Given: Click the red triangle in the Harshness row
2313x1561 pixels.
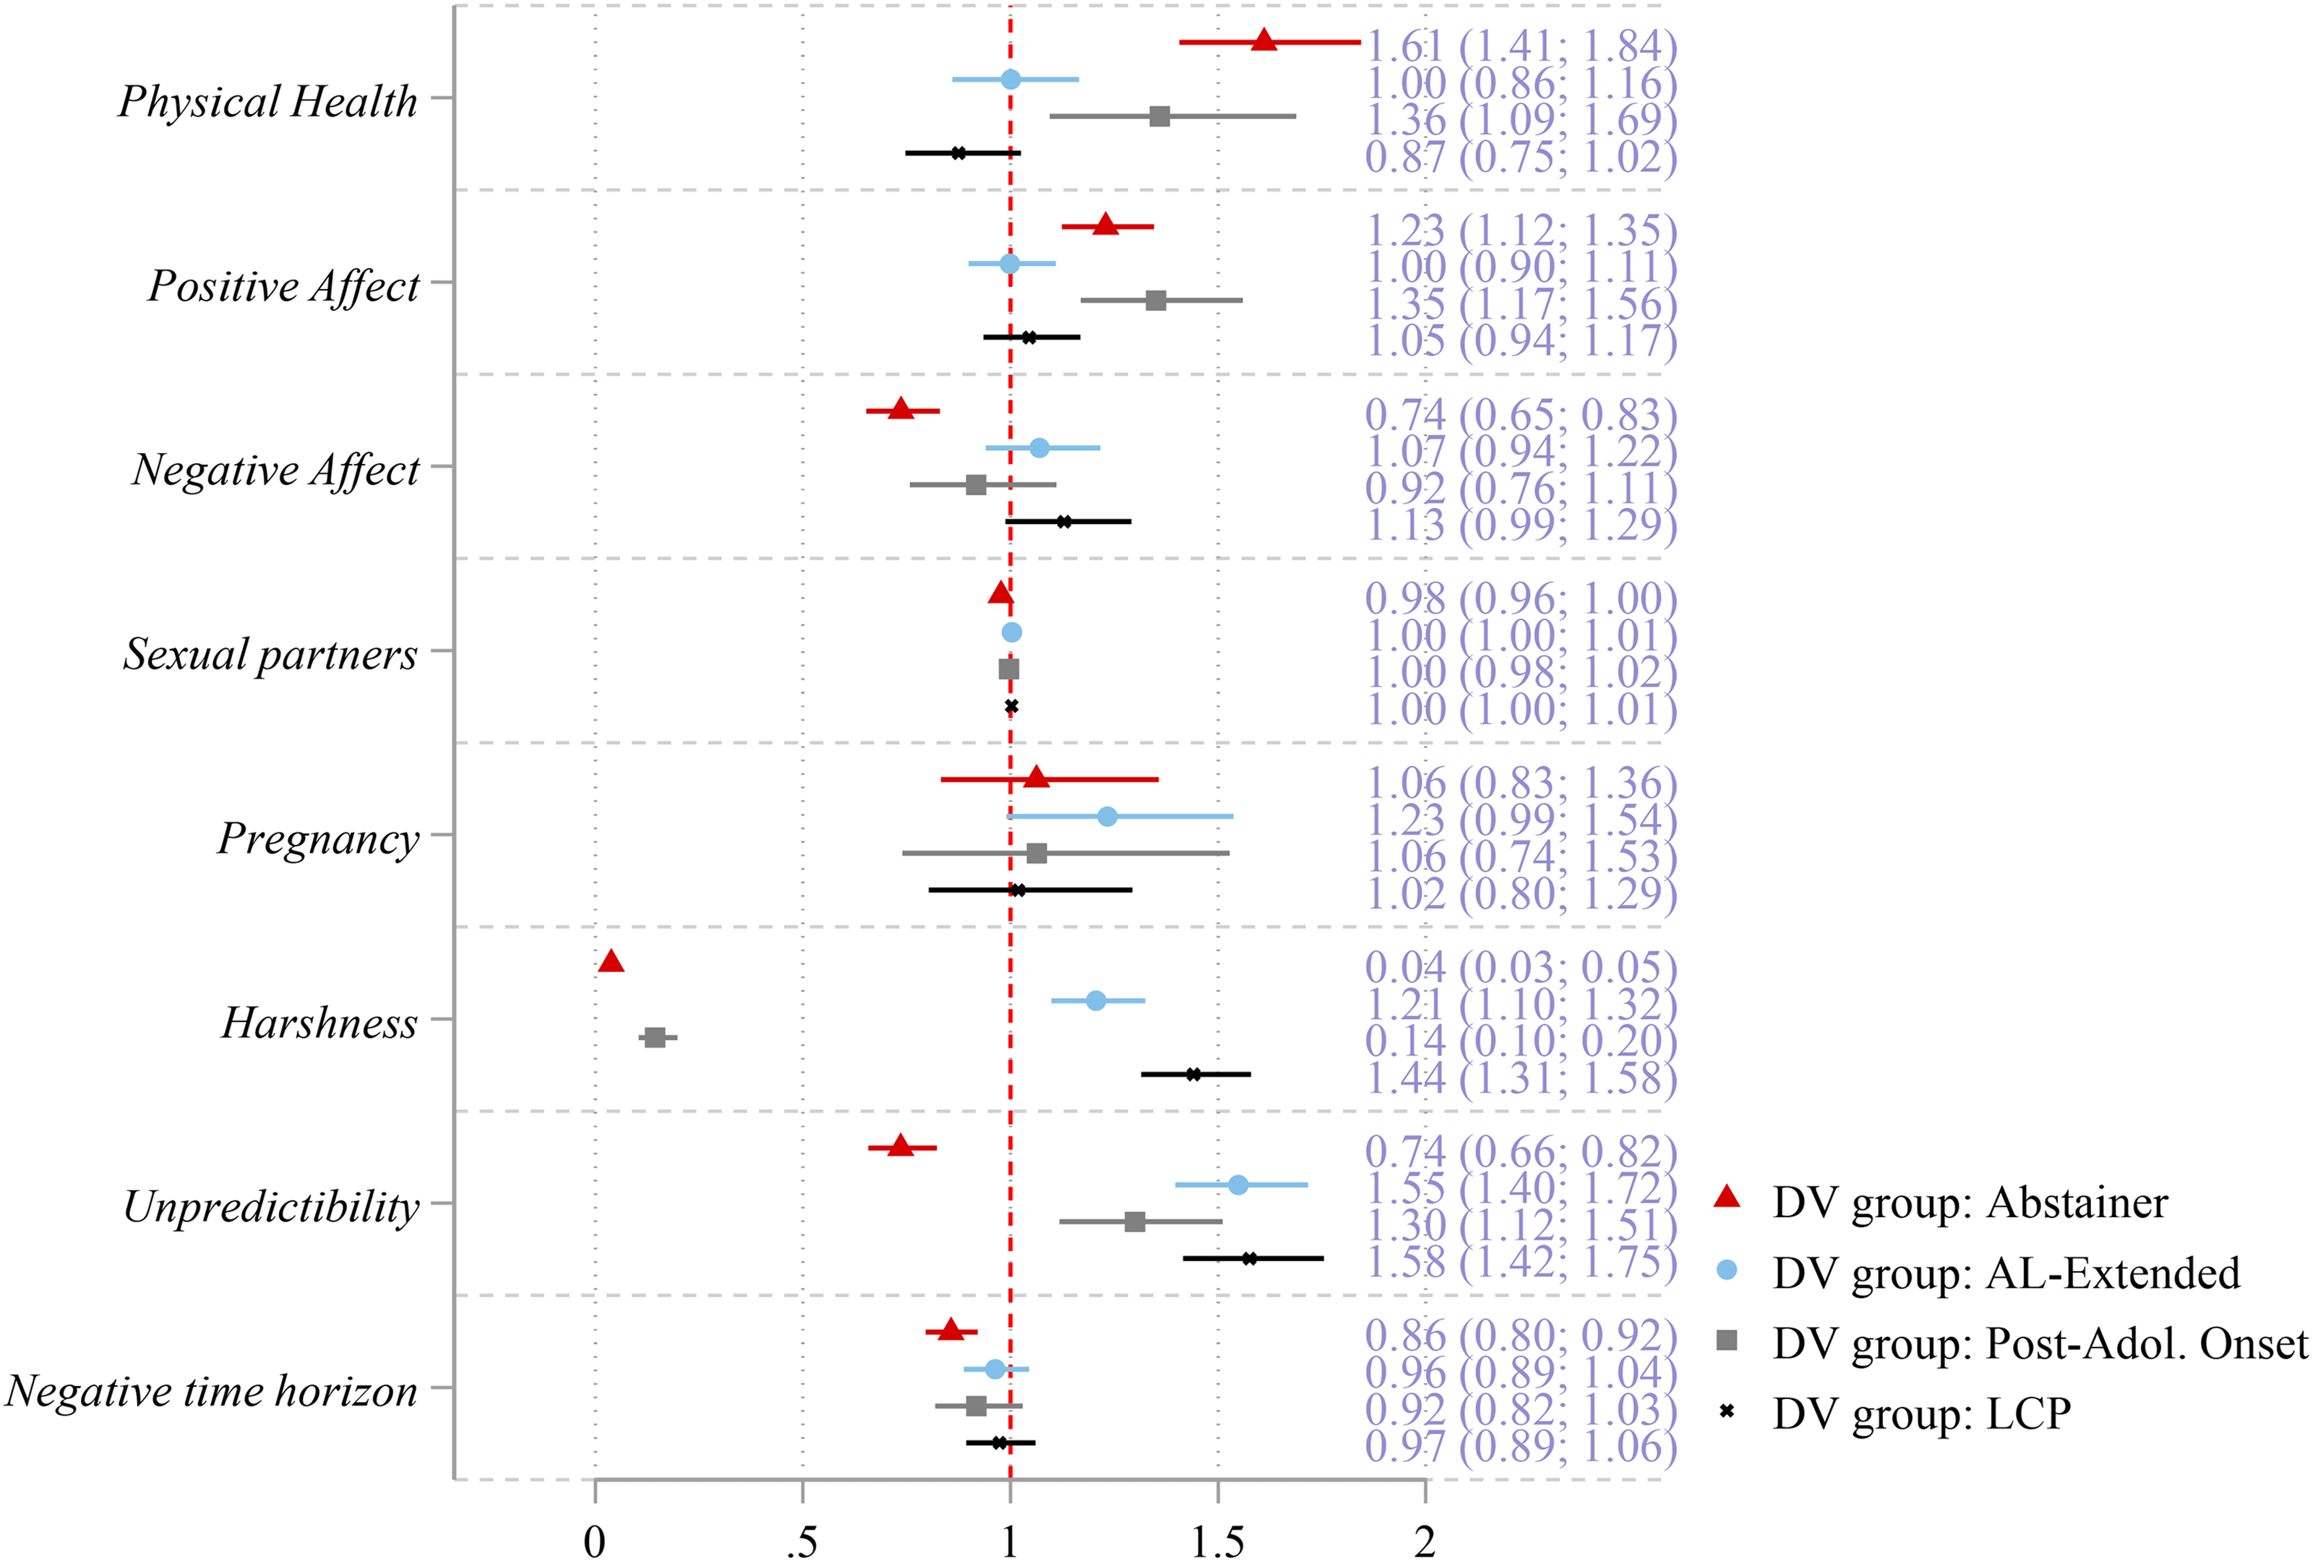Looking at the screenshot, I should (x=611, y=962).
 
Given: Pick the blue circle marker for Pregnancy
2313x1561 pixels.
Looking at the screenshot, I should (x=1107, y=817).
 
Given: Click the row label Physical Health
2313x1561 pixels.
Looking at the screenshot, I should (x=267, y=100).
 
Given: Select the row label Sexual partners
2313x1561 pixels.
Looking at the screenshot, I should (x=270, y=653).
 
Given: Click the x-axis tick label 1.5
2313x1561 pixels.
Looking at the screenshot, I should (x=1217, y=1542).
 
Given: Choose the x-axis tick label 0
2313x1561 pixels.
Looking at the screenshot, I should (x=594, y=1542).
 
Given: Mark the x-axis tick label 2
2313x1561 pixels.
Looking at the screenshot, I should (x=1425, y=1542).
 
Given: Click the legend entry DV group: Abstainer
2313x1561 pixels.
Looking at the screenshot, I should (x=1969, y=1203).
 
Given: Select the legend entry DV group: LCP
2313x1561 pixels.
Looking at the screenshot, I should (x=1921, y=1414).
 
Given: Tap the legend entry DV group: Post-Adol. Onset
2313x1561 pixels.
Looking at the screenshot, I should (x=2038, y=1343).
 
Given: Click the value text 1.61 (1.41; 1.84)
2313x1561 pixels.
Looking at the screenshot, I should (x=1521, y=46).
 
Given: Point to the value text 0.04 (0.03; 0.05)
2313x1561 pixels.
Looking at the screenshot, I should (x=1521, y=967).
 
